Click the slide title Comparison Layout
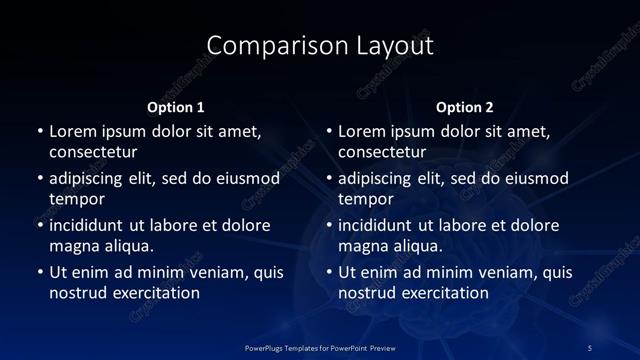pos(320,46)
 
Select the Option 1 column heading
pos(175,106)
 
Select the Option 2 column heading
pos(465,106)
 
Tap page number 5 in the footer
pos(590,347)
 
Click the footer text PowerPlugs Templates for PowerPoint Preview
pos(320,347)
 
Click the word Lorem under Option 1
pos(72,131)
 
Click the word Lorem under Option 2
pos(362,131)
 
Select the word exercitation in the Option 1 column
pos(155,293)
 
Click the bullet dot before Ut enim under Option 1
pos(39,273)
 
